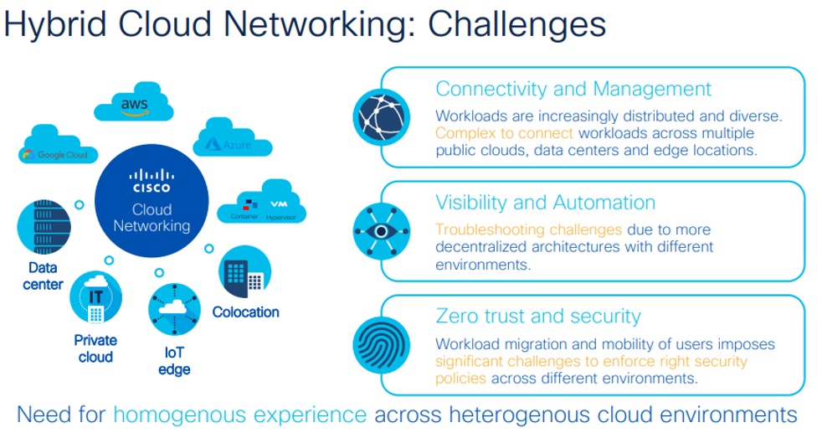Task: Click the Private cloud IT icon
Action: click(96, 298)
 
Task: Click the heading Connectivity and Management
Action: click(573, 89)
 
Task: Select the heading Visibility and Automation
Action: click(545, 203)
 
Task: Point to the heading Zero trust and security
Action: click(538, 316)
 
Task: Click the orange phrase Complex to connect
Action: click(504, 133)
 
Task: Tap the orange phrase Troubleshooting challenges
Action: click(528, 229)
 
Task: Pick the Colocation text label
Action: click(245, 312)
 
